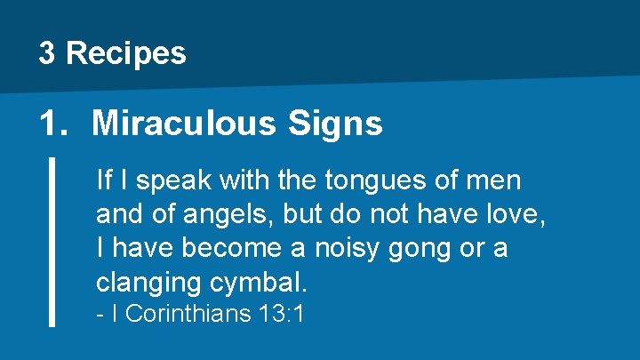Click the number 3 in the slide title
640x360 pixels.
(x=47, y=53)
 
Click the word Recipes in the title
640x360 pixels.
(x=125, y=54)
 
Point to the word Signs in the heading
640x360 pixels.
(x=335, y=124)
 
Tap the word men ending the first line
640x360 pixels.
(x=497, y=181)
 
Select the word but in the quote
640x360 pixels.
(x=323, y=214)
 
